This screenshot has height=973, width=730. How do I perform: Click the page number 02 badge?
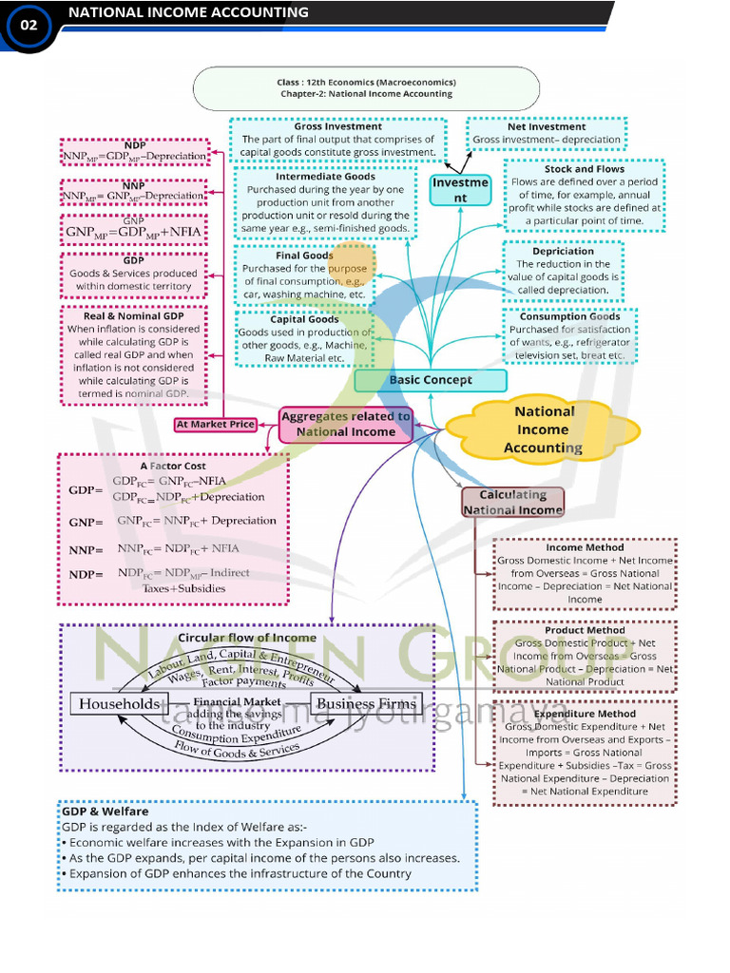coord(29,26)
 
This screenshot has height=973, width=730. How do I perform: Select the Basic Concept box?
coord(431,380)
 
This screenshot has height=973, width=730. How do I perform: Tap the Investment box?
coord(460,190)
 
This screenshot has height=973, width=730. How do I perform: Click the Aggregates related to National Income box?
coord(346,424)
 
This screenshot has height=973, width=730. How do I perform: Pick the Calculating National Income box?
coord(512,502)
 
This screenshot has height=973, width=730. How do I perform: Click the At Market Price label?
coord(216,425)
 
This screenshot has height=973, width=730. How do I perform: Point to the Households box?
coord(120,704)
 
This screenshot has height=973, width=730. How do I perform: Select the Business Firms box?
coord(366,704)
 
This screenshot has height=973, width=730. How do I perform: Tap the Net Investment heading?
coord(547,126)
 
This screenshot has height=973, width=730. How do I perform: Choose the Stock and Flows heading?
coord(585,169)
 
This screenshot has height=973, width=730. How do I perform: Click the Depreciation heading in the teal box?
coord(563,251)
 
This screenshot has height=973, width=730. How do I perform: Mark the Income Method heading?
coord(585,547)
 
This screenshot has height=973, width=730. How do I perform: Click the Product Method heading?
coord(585,630)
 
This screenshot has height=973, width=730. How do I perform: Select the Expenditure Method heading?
coord(585,714)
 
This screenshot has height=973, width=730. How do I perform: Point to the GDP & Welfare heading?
coord(106,812)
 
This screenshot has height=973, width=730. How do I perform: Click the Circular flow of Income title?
coord(247,638)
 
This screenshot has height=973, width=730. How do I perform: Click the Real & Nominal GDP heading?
coord(134,315)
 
